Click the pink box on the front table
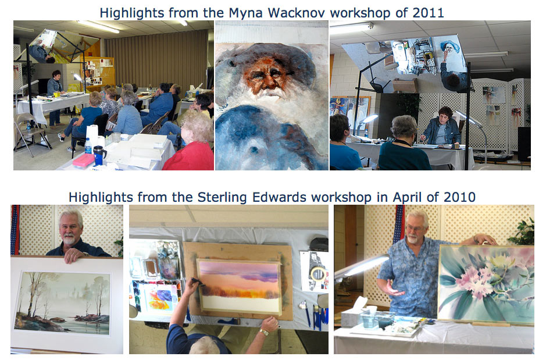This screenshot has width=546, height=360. point(84,160)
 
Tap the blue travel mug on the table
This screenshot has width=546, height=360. point(99,155)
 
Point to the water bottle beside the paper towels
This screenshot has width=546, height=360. point(88,146)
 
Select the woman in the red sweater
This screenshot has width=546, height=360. point(190,142)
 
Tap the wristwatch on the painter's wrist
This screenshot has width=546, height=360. point(263,332)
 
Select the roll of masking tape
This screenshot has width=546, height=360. point(317,275)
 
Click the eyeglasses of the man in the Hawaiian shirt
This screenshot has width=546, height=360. point(415,228)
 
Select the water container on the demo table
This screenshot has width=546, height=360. point(369,319)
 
